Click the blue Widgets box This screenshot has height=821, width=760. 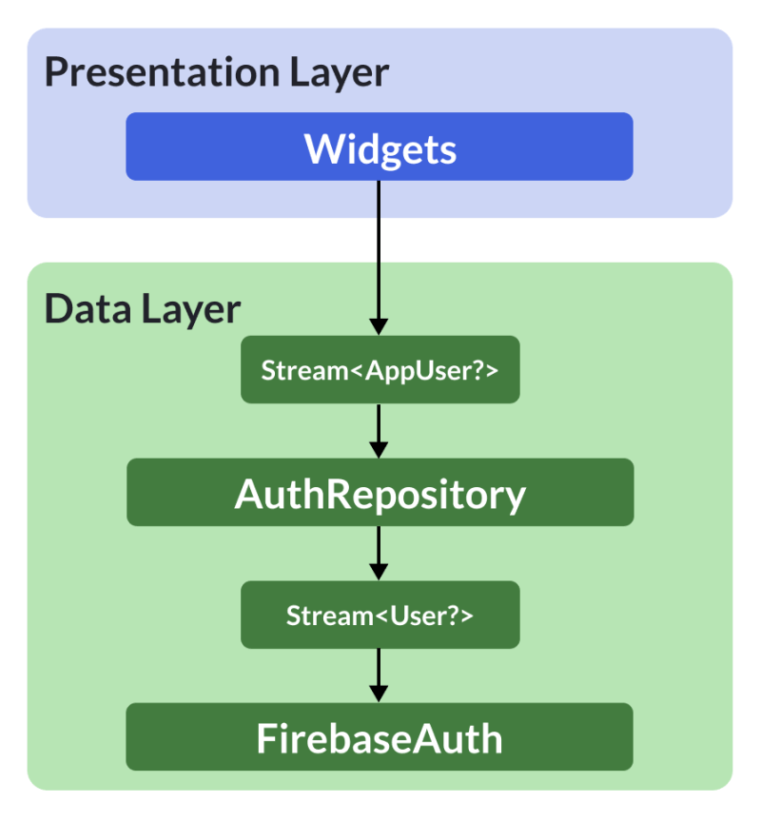[380, 147]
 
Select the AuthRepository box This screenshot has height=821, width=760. [380, 493]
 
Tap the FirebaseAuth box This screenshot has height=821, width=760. [380, 737]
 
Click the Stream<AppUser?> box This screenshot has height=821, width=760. [380, 370]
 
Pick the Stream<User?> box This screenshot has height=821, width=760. [380, 615]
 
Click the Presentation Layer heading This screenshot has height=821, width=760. [217, 73]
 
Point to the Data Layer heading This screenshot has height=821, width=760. [143, 309]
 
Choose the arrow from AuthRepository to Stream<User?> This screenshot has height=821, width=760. [380, 552]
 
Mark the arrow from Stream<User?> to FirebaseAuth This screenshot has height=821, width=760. [380, 674]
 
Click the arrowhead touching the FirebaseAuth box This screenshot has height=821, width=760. [380, 694]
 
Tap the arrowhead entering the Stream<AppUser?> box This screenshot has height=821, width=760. [380, 326]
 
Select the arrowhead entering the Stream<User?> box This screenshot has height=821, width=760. [380, 572]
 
